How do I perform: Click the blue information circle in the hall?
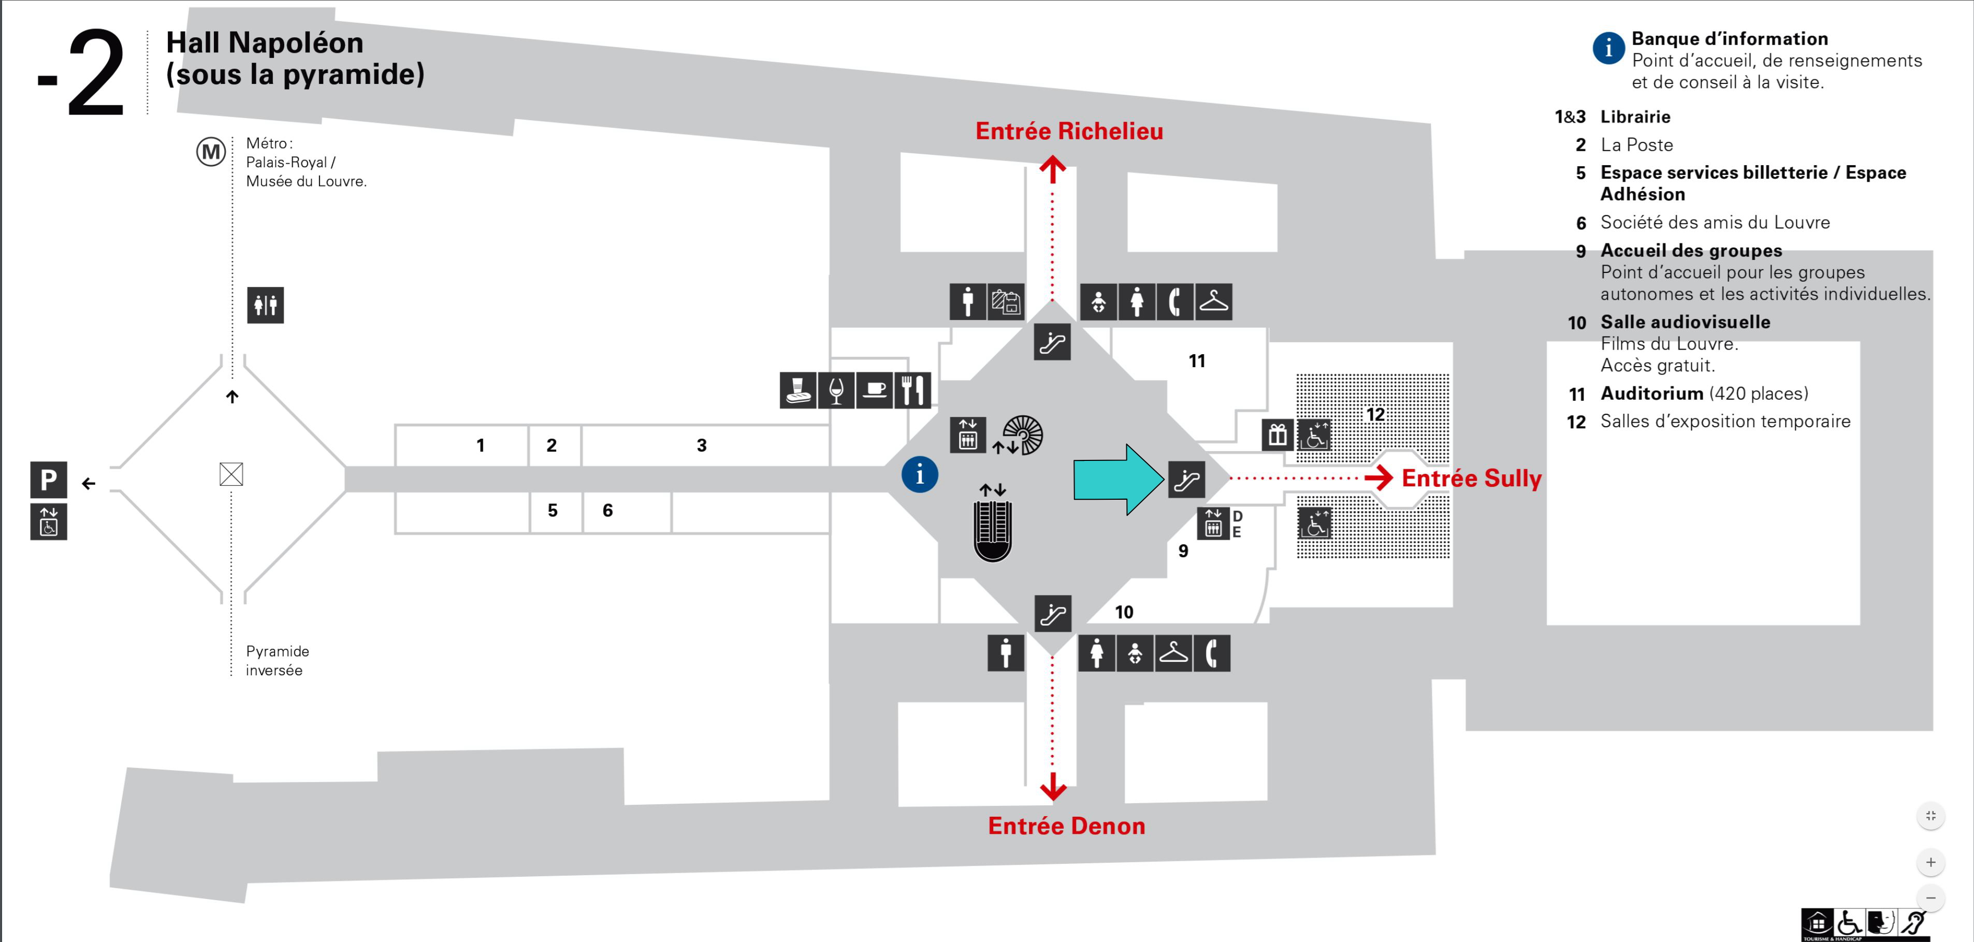[x=920, y=474]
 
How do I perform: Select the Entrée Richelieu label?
[x=1069, y=131]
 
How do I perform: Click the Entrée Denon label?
[x=1066, y=825]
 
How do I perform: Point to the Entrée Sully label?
[x=1471, y=479]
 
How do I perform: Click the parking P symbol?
[x=48, y=480]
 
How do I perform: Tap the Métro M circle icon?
[x=211, y=152]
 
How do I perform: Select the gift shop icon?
[x=1276, y=434]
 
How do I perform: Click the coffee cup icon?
[x=874, y=390]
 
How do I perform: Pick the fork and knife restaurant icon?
[x=912, y=390]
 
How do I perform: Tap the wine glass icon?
[x=836, y=390]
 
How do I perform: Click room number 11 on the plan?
[x=1197, y=361]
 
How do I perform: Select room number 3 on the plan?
[x=701, y=445]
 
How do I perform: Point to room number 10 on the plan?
[x=1123, y=612]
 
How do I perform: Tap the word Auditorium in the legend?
[x=1651, y=393]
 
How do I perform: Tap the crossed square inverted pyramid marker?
[x=231, y=474]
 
